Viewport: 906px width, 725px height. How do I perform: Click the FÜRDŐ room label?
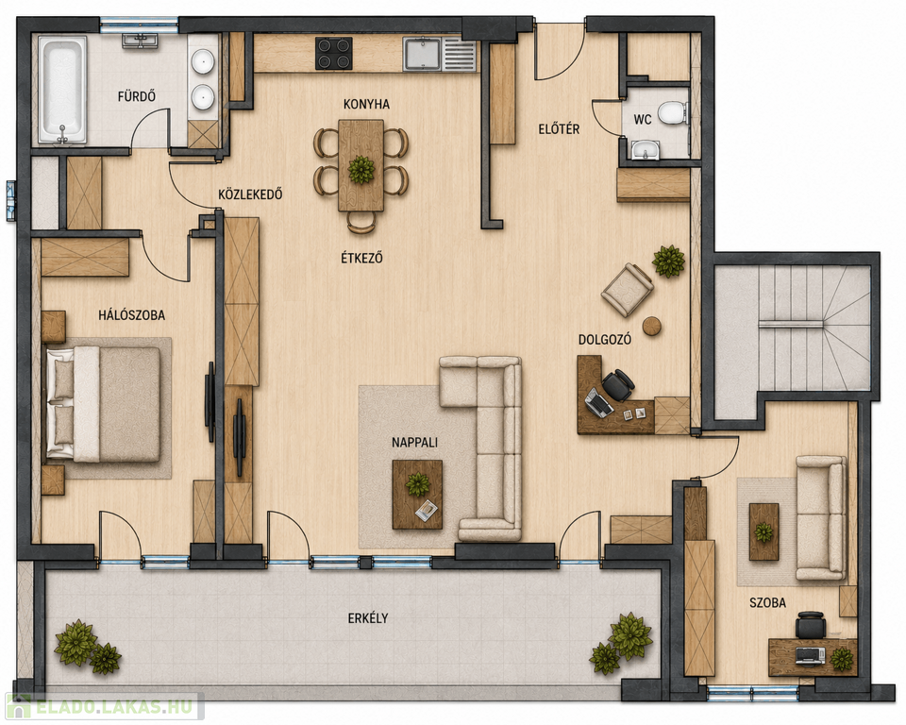136,96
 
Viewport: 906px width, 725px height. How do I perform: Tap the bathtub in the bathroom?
62,90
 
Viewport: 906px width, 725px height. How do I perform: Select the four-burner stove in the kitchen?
334,53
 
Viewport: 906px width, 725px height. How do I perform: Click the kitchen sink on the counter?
422,54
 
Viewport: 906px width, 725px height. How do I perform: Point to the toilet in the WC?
673,112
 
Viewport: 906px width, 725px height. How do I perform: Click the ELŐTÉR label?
559,129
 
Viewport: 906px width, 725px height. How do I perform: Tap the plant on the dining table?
361,169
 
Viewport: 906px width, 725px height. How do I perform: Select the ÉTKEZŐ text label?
361,258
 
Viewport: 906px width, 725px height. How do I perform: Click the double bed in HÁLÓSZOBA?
103,404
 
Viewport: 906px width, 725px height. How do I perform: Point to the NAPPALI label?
414,443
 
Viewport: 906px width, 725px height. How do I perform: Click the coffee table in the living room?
417,495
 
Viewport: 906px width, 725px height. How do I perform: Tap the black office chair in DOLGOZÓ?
617,385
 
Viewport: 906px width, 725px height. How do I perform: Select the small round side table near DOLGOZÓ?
652,326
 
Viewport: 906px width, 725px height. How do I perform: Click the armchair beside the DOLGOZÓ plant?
628,290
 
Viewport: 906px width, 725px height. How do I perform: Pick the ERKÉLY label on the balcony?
367,618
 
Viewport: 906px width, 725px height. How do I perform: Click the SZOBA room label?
767,602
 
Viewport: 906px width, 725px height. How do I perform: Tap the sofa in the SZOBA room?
820,517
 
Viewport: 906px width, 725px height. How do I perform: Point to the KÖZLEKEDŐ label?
250,194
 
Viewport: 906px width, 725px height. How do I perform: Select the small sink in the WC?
646,149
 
